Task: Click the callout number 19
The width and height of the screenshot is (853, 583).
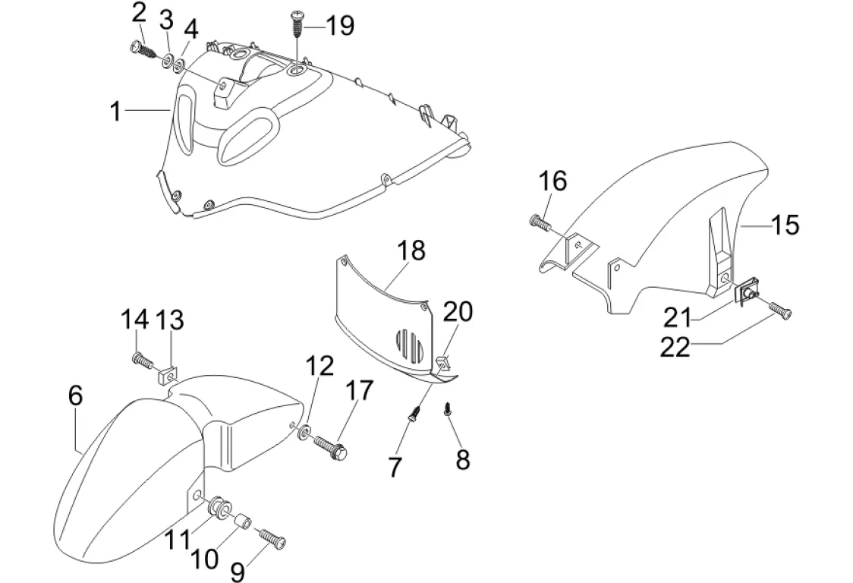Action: click(x=339, y=26)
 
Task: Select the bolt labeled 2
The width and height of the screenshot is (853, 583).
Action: click(x=143, y=50)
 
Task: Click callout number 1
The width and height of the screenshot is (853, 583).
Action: click(x=115, y=111)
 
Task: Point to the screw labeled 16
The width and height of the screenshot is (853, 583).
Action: click(x=540, y=222)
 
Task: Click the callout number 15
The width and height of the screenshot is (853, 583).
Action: click(x=785, y=224)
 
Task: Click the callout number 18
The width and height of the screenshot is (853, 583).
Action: click(x=411, y=251)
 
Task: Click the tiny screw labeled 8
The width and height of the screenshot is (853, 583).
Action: click(x=449, y=408)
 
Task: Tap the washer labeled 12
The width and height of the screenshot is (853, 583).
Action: click(x=304, y=432)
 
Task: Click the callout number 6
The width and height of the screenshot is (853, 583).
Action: click(x=76, y=395)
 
